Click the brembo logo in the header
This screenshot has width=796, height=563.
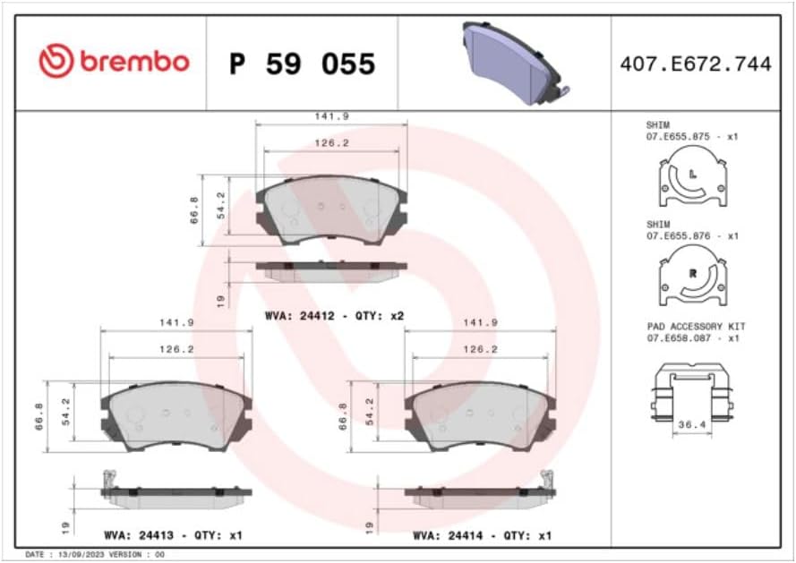[114, 62]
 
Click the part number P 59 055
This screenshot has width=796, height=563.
[302, 64]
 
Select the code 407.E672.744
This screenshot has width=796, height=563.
[695, 64]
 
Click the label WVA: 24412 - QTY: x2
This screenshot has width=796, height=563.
[334, 317]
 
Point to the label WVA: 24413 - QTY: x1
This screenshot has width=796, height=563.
[172, 535]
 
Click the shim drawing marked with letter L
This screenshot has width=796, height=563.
[690, 180]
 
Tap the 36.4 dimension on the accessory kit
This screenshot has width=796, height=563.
[691, 426]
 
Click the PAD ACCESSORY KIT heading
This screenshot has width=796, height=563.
[695, 327]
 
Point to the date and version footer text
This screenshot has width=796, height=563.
[94, 555]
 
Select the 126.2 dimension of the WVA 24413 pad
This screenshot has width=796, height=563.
[176, 349]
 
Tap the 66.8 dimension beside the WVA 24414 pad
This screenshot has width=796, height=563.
[344, 415]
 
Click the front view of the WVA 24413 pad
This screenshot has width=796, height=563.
[175, 414]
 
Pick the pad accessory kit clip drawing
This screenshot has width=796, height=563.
[690, 393]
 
